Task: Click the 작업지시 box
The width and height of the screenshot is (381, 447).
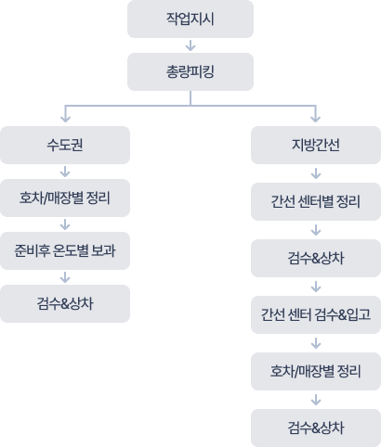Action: coord(190,19)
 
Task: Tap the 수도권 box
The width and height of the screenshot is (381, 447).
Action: coord(65,146)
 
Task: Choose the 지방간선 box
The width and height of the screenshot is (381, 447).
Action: coord(315,146)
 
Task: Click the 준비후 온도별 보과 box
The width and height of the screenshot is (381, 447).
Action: coord(65,250)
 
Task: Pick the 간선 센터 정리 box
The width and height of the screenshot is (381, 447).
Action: coord(315,200)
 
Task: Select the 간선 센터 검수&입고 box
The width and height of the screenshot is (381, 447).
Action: coord(315,314)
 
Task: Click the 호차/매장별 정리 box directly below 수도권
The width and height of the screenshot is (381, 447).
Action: coord(65,198)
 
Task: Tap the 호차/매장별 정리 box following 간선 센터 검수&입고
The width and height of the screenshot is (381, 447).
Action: coord(315,371)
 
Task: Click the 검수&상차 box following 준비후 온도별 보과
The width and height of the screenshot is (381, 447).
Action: coord(65,303)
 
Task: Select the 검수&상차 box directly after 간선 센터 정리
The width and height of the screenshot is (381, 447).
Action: coord(315,257)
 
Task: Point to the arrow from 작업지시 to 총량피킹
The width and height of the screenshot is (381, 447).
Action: coord(190,45)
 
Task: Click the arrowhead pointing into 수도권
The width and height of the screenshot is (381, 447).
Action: coord(65,118)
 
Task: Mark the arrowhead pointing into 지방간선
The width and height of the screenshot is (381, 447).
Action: coord(315,118)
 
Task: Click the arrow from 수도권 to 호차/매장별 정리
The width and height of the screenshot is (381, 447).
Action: coord(65,172)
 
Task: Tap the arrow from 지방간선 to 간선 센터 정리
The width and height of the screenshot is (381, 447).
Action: coord(315,172)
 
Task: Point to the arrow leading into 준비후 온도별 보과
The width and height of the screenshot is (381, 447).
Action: coord(65,224)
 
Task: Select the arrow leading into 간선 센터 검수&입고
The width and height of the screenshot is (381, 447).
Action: coord(315,286)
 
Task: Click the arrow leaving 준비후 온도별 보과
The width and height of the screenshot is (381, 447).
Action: coord(65,277)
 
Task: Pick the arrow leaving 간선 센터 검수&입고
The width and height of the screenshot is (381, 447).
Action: coord(315,343)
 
